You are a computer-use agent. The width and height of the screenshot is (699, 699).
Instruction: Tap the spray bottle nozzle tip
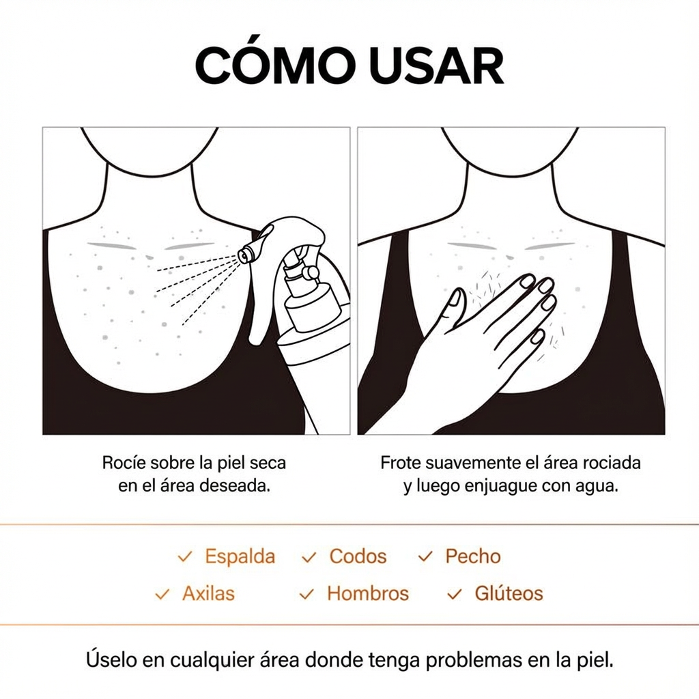pos(244,255)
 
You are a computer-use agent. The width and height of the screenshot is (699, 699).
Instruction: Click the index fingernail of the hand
pos(527,281)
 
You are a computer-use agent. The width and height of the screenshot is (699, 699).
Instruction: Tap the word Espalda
pos(240,556)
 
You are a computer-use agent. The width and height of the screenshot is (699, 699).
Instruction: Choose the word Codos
pos(358,556)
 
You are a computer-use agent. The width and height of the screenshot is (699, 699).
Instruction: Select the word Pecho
pos(473,556)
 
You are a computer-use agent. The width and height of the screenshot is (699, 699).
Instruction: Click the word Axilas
pos(208,593)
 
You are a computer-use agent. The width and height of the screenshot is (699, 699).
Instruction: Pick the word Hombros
pos(368,593)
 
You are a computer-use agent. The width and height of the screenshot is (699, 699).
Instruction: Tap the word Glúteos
pos(509,593)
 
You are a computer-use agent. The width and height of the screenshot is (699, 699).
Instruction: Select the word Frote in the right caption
pos(401,462)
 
